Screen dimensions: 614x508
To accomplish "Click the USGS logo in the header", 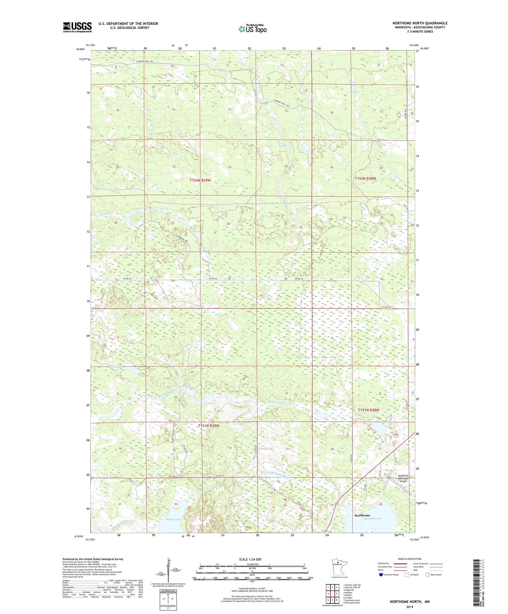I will pos(77,27).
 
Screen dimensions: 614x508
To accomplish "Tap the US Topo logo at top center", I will pos(252,28).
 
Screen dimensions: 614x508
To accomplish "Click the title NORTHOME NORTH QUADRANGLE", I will pos(420,23).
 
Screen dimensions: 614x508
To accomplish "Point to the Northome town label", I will pos(362,515).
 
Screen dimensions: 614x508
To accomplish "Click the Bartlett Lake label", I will pos(373,518).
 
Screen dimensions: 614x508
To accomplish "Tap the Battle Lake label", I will pos(173,519).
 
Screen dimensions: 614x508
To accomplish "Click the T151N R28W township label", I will pos(368,410).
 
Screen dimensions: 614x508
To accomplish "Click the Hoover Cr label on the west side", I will pos(107,213).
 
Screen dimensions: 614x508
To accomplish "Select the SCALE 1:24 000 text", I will pos(250,559).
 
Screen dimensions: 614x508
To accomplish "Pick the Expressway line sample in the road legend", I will pos(400,563).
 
